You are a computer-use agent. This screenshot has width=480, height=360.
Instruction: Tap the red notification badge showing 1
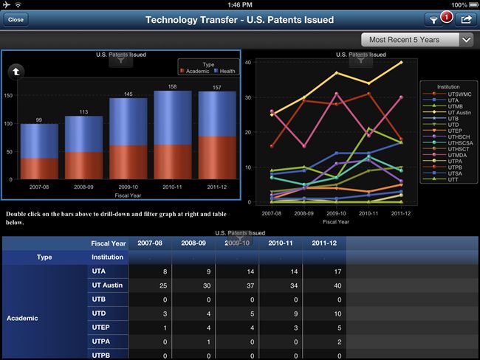pos(446,15)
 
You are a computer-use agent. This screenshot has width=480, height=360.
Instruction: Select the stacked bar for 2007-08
pos(39,151)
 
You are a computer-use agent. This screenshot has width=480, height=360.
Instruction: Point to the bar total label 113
pos(83,112)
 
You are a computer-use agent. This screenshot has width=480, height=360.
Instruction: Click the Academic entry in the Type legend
pos(195,72)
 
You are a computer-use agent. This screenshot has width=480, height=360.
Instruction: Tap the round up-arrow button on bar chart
pos(16,72)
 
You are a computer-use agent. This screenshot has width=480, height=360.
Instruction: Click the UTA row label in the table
pos(97,271)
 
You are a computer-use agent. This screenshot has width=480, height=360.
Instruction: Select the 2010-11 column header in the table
pos(281,243)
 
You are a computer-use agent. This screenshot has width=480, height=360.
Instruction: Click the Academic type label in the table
pos(24,318)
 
